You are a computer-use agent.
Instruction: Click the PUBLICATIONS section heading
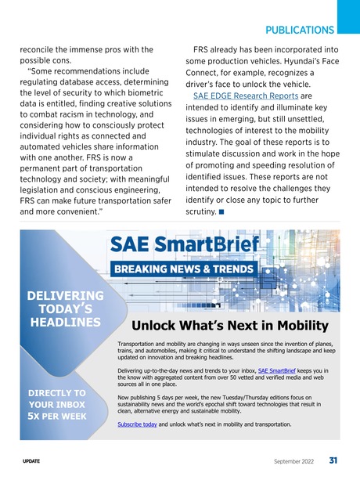(x=300, y=31)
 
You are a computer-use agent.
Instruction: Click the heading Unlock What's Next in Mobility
(x=229, y=326)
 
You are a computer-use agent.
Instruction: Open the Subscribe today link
(x=136, y=424)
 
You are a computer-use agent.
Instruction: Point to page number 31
(x=333, y=460)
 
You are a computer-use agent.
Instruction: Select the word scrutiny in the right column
(x=202, y=211)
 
